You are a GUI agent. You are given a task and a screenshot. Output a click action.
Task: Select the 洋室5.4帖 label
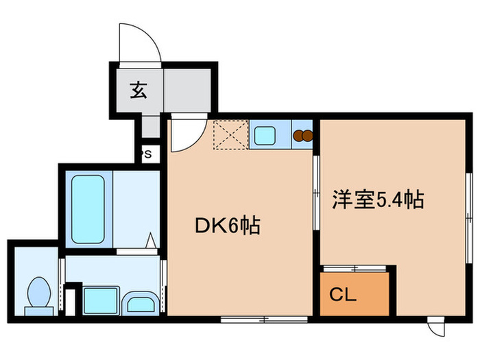[377, 200]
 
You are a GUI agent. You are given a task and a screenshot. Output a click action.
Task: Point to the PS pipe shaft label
[147, 154]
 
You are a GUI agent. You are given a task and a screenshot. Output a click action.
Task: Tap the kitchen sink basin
[265, 135]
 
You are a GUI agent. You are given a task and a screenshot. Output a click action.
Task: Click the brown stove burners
[302, 135]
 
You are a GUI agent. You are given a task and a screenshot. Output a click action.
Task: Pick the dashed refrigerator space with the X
[230, 135]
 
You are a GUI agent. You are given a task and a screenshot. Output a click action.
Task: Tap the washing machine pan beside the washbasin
[99, 299]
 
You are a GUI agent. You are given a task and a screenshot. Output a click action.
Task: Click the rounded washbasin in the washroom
[141, 302]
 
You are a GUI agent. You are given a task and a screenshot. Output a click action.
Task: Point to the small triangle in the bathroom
[152, 241]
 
